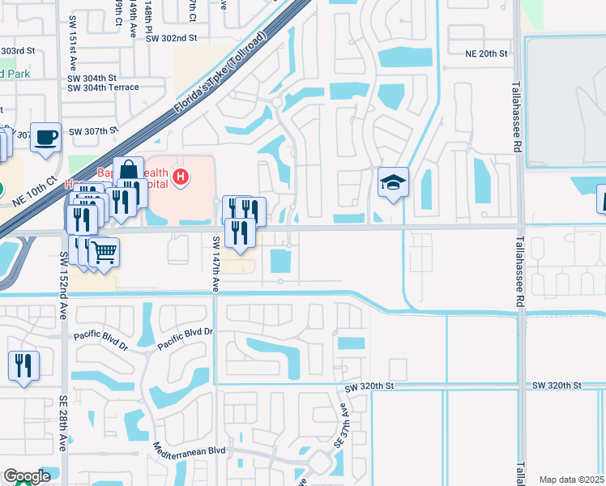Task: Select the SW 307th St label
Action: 93,130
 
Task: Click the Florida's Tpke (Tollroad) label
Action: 220,75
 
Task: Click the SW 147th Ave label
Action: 216,264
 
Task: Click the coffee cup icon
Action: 46,138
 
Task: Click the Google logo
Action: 27,477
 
